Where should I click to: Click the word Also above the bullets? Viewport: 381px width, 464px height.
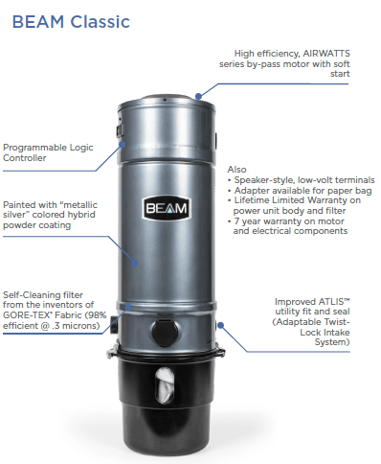tap(236, 169)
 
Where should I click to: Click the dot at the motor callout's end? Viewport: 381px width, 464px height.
tap(197, 96)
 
